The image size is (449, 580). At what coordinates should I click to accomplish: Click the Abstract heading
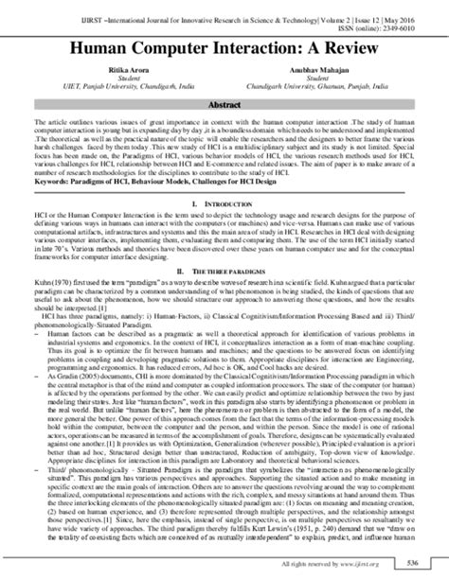[225, 107]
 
